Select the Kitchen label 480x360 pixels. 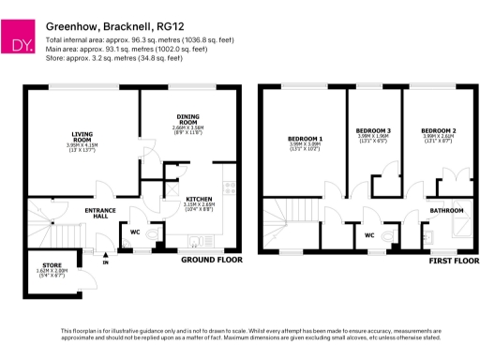point(198,200)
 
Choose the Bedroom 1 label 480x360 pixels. point(305,140)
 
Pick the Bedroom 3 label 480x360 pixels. point(374,129)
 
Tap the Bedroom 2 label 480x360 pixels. point(438,129)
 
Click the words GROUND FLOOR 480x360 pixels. point(211,259)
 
